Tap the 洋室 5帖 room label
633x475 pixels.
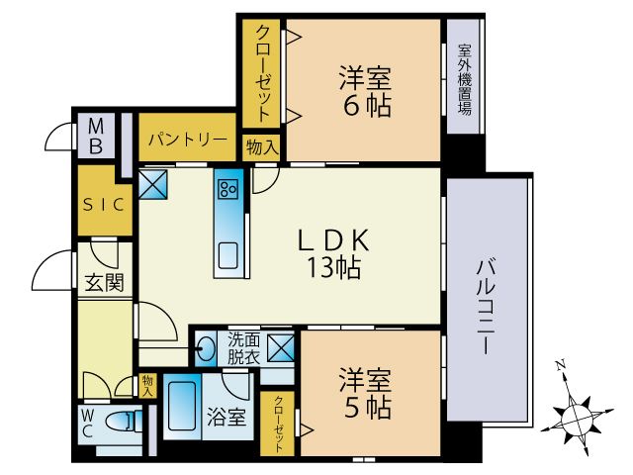click(365, 393)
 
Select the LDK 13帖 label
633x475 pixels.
click(333, 252)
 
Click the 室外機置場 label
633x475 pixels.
click(463, 78)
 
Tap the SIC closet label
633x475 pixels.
click(103, 205)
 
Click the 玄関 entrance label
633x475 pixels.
click(104, 283)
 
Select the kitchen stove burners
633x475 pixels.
click(228, 187)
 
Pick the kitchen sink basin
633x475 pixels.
click(228, 254)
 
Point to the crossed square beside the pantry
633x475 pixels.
click(153, 183)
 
